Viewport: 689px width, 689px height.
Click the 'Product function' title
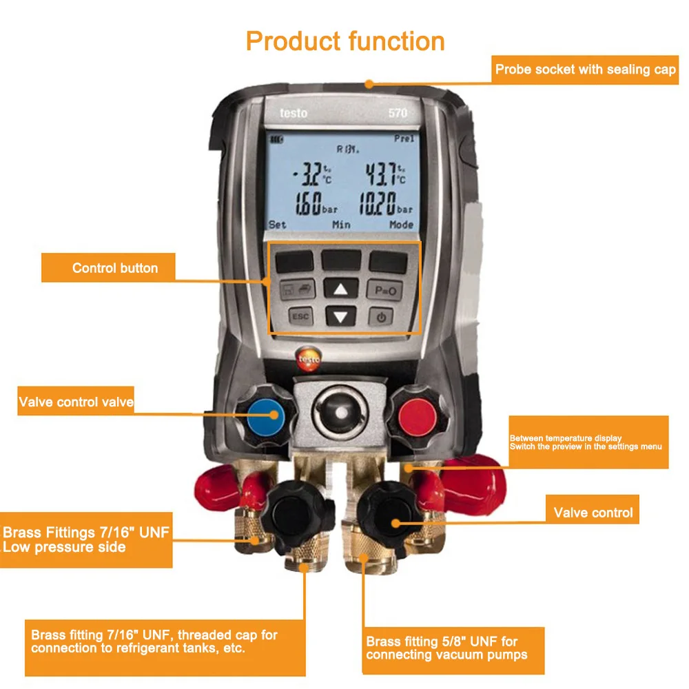coord(345,41)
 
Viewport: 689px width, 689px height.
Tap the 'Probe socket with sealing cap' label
coord(585,70)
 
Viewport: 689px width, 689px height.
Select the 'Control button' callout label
coord(115,268)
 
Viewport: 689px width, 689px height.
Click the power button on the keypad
coord(384,317)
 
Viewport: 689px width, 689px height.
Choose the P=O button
coord(384,290)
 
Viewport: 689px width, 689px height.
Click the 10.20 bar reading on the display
coord(380,203)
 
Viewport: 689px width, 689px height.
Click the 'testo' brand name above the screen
coord(294,112)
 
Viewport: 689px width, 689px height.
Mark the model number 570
coord(398,112)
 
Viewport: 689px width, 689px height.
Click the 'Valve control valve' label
coord(76,402)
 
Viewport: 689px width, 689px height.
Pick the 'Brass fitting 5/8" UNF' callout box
coord(452,648)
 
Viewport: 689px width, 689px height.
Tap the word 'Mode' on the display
coord(401,225)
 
